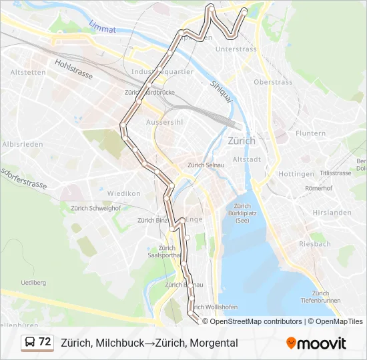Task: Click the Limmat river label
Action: tap(102, 27)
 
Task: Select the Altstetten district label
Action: tap(28, 73)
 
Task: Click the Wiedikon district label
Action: tap(124, 193)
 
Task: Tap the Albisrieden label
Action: tap(23, 144)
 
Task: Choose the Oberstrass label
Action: tap(273, 82)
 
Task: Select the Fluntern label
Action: tap(310, 133)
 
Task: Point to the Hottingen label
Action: tap(296, 174)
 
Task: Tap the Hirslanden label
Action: tap(331, 213)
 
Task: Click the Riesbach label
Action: tap(315, 244)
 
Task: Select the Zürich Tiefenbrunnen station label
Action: tap(320, 297)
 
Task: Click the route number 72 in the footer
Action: tap(45, 342)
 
